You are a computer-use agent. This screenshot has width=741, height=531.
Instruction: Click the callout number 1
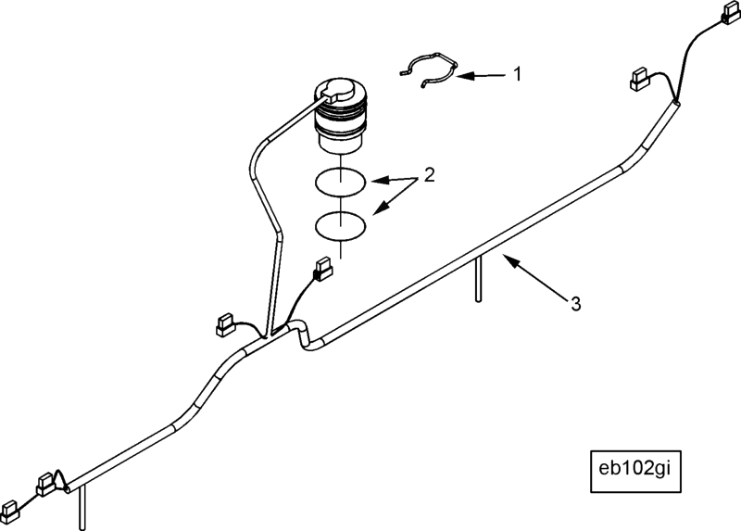tap(518, 74)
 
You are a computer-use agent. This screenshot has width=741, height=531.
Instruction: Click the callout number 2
tap(429, 175)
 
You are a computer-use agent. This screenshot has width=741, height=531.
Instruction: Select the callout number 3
tap(575, 304)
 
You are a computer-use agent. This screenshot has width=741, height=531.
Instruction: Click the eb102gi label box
tap(635, 472)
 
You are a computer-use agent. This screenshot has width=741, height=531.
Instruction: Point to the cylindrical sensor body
tap(340, 117)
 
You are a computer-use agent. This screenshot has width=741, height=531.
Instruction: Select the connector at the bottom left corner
tap(9, 511)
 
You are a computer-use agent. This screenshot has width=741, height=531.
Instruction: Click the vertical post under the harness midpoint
tap(478, 278)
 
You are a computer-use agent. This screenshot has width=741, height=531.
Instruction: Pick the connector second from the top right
tap(640, 79)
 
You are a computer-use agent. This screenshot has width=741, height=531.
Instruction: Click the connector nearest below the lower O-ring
tap(322, 269)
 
